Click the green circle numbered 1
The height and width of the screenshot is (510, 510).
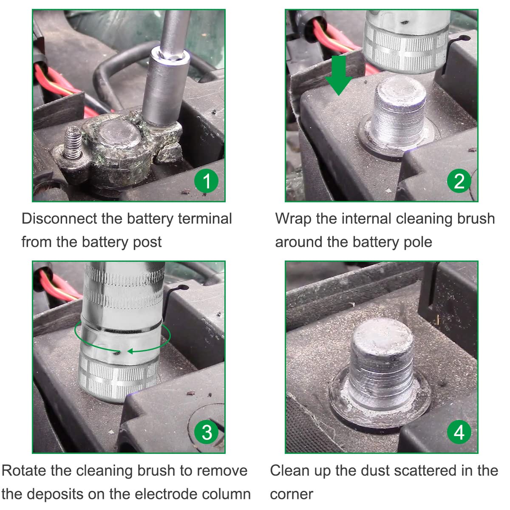coord(206,181)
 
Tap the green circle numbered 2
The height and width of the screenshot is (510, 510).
coord(459,181)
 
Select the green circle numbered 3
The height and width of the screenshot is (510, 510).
coord(206,433)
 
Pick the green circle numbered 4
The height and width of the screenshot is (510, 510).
coord(459,433)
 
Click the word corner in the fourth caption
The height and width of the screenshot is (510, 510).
coord(292,494)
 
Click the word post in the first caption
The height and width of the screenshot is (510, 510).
coord(147,242)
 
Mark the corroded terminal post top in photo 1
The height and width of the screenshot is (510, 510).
coord(119,135)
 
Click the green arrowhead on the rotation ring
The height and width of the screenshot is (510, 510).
coord(130,351)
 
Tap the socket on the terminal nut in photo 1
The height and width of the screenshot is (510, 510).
coord(164,88)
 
